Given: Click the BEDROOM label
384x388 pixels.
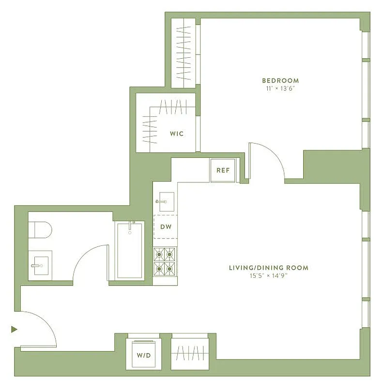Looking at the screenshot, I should click(x=280, y=81).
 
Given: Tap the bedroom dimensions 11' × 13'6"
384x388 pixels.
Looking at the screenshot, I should click(x=280, y=88).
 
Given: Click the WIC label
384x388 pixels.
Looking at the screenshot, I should click(x=176, y=134).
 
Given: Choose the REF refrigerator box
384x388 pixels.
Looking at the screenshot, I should click(x=223, y=170).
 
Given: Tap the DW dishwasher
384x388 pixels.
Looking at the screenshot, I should click(x=166, y=226).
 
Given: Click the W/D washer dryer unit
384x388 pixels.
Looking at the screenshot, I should click(x=143, y=355).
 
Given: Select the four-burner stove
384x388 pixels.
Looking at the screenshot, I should click(x=165, y=261).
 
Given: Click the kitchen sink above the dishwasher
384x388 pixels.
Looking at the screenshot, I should click(x=165, y=201).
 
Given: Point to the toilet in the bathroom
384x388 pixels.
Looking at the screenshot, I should click(x=39, y=230).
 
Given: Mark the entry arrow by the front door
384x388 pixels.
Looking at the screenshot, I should click(x=14, y=329).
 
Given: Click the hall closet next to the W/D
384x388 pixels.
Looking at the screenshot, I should click(x=189, y=353).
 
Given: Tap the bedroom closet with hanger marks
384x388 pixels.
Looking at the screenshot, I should click(x=184, y=53).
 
